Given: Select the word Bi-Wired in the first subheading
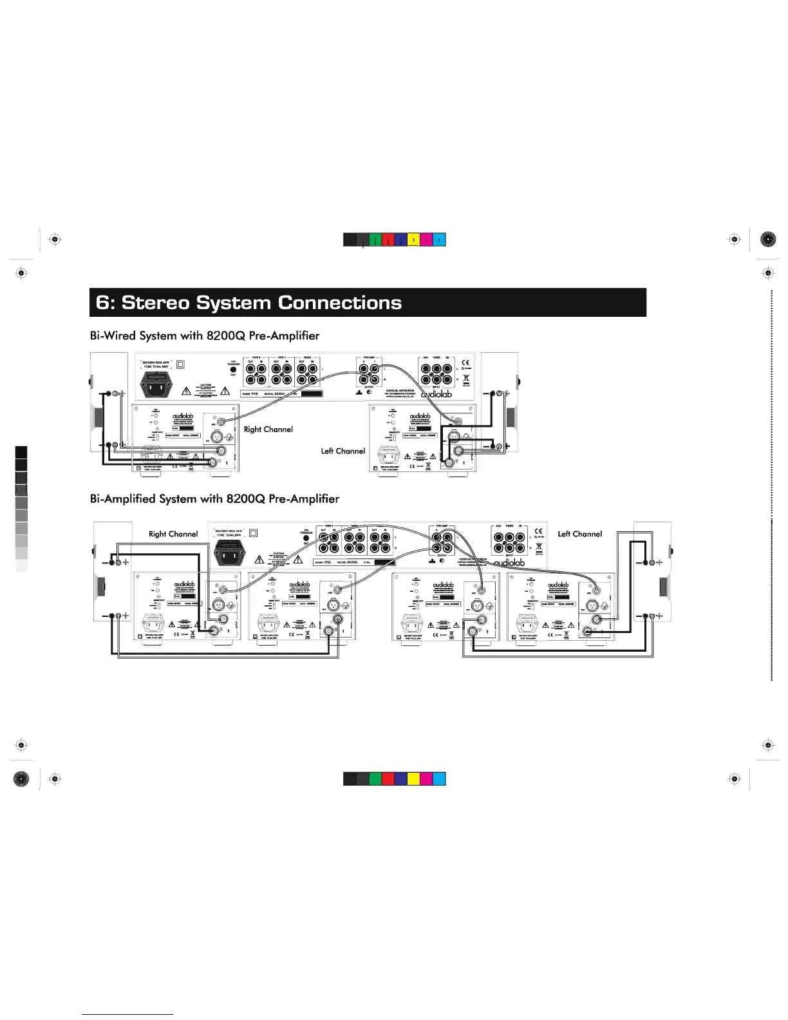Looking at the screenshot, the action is tap(113, 335).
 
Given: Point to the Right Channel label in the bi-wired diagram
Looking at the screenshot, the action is tap(268, 430).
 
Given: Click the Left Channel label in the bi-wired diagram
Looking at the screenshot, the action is tap(343, 451).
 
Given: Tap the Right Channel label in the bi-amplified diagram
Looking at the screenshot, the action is tap(173, 534).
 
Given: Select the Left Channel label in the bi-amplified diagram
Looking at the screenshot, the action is tap(580, 534).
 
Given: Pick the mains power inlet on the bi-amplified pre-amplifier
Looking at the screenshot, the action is tap(229, 552).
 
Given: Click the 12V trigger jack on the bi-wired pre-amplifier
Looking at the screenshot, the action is tap(233, 370).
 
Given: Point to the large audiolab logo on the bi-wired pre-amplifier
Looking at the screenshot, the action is tap(436, 393).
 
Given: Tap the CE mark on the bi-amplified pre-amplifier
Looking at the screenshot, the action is tap(539, 532).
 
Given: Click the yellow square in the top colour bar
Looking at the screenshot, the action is tap(413, 240).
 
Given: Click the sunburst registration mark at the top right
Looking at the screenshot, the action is tap(768, 240).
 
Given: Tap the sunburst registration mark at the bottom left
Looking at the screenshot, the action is tap(21, 779).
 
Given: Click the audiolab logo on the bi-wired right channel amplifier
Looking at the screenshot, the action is tap(183, 417).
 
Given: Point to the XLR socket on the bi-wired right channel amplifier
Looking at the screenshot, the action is tap(218, 439).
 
